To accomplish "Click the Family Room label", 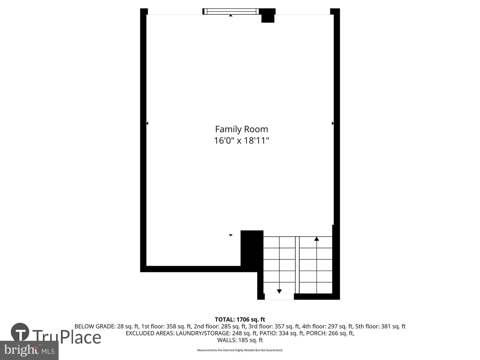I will point(241,129).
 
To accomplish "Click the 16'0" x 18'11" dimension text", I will point(241,141).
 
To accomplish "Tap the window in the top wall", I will point(231,11).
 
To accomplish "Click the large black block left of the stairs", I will point(252,248).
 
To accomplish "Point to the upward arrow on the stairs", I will point(316,239).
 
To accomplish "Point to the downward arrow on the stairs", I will point(279,291).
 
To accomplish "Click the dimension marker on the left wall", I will point(147,123).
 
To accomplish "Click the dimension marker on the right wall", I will point(333,123).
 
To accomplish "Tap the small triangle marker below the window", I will point(231,15).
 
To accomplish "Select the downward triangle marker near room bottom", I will point(230,235).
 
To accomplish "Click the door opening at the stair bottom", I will point(279,296).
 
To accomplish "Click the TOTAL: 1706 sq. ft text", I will point(240,319).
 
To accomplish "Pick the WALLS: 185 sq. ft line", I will point(240,340).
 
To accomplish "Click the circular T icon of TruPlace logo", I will point(20,332).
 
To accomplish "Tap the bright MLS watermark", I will point(29,350).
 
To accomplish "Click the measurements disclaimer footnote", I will point(240,350).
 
